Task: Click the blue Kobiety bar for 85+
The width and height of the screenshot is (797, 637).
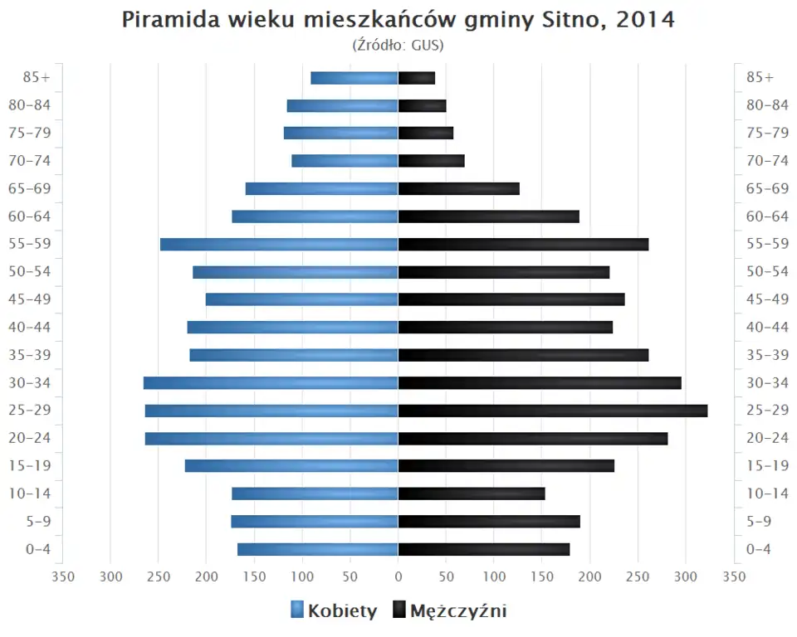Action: pos(354,78)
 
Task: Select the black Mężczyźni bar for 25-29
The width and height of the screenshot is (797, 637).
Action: pos(553,411)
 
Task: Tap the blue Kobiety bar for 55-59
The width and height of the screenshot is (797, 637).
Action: pos(279,244)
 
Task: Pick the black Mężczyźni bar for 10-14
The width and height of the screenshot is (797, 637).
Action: pos(472,494)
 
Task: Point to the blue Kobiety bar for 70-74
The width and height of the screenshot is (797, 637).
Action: pos(345,161)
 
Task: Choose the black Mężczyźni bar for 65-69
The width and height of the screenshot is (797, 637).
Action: pos(459,188)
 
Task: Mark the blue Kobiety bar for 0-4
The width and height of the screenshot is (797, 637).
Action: pos(318,549)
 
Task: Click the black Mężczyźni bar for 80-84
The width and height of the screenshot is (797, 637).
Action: pos(423,105)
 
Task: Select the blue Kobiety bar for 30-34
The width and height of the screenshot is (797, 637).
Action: pos(271,382)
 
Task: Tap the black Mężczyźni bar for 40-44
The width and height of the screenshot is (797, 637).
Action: pos(506,327)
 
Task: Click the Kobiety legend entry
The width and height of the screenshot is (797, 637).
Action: pos(334,611)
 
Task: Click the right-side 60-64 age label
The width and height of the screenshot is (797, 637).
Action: pos(767,216)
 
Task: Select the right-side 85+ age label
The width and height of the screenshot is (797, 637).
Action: pos(760,78)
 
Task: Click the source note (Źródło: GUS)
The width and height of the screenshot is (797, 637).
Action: pos(398,45)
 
